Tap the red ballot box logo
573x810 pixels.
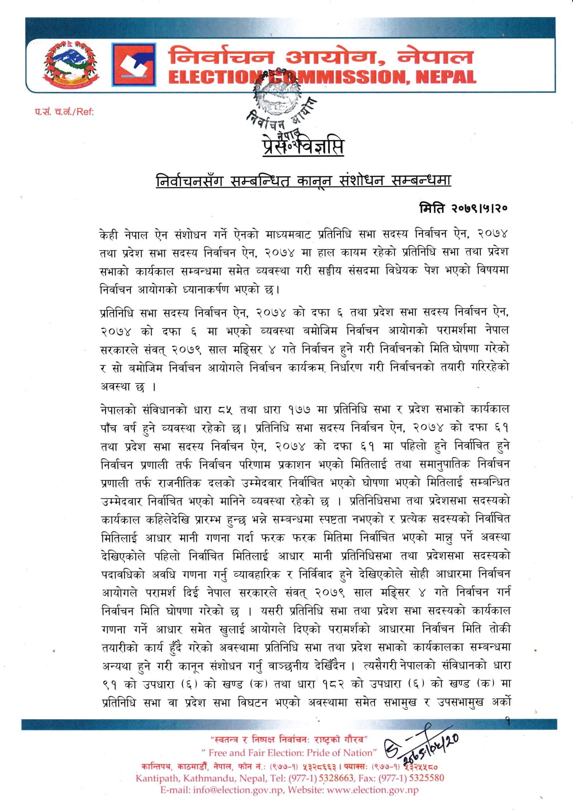click(134, 65)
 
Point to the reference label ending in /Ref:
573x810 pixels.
click(64, 112)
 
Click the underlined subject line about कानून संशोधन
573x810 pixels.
click(303, 181)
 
